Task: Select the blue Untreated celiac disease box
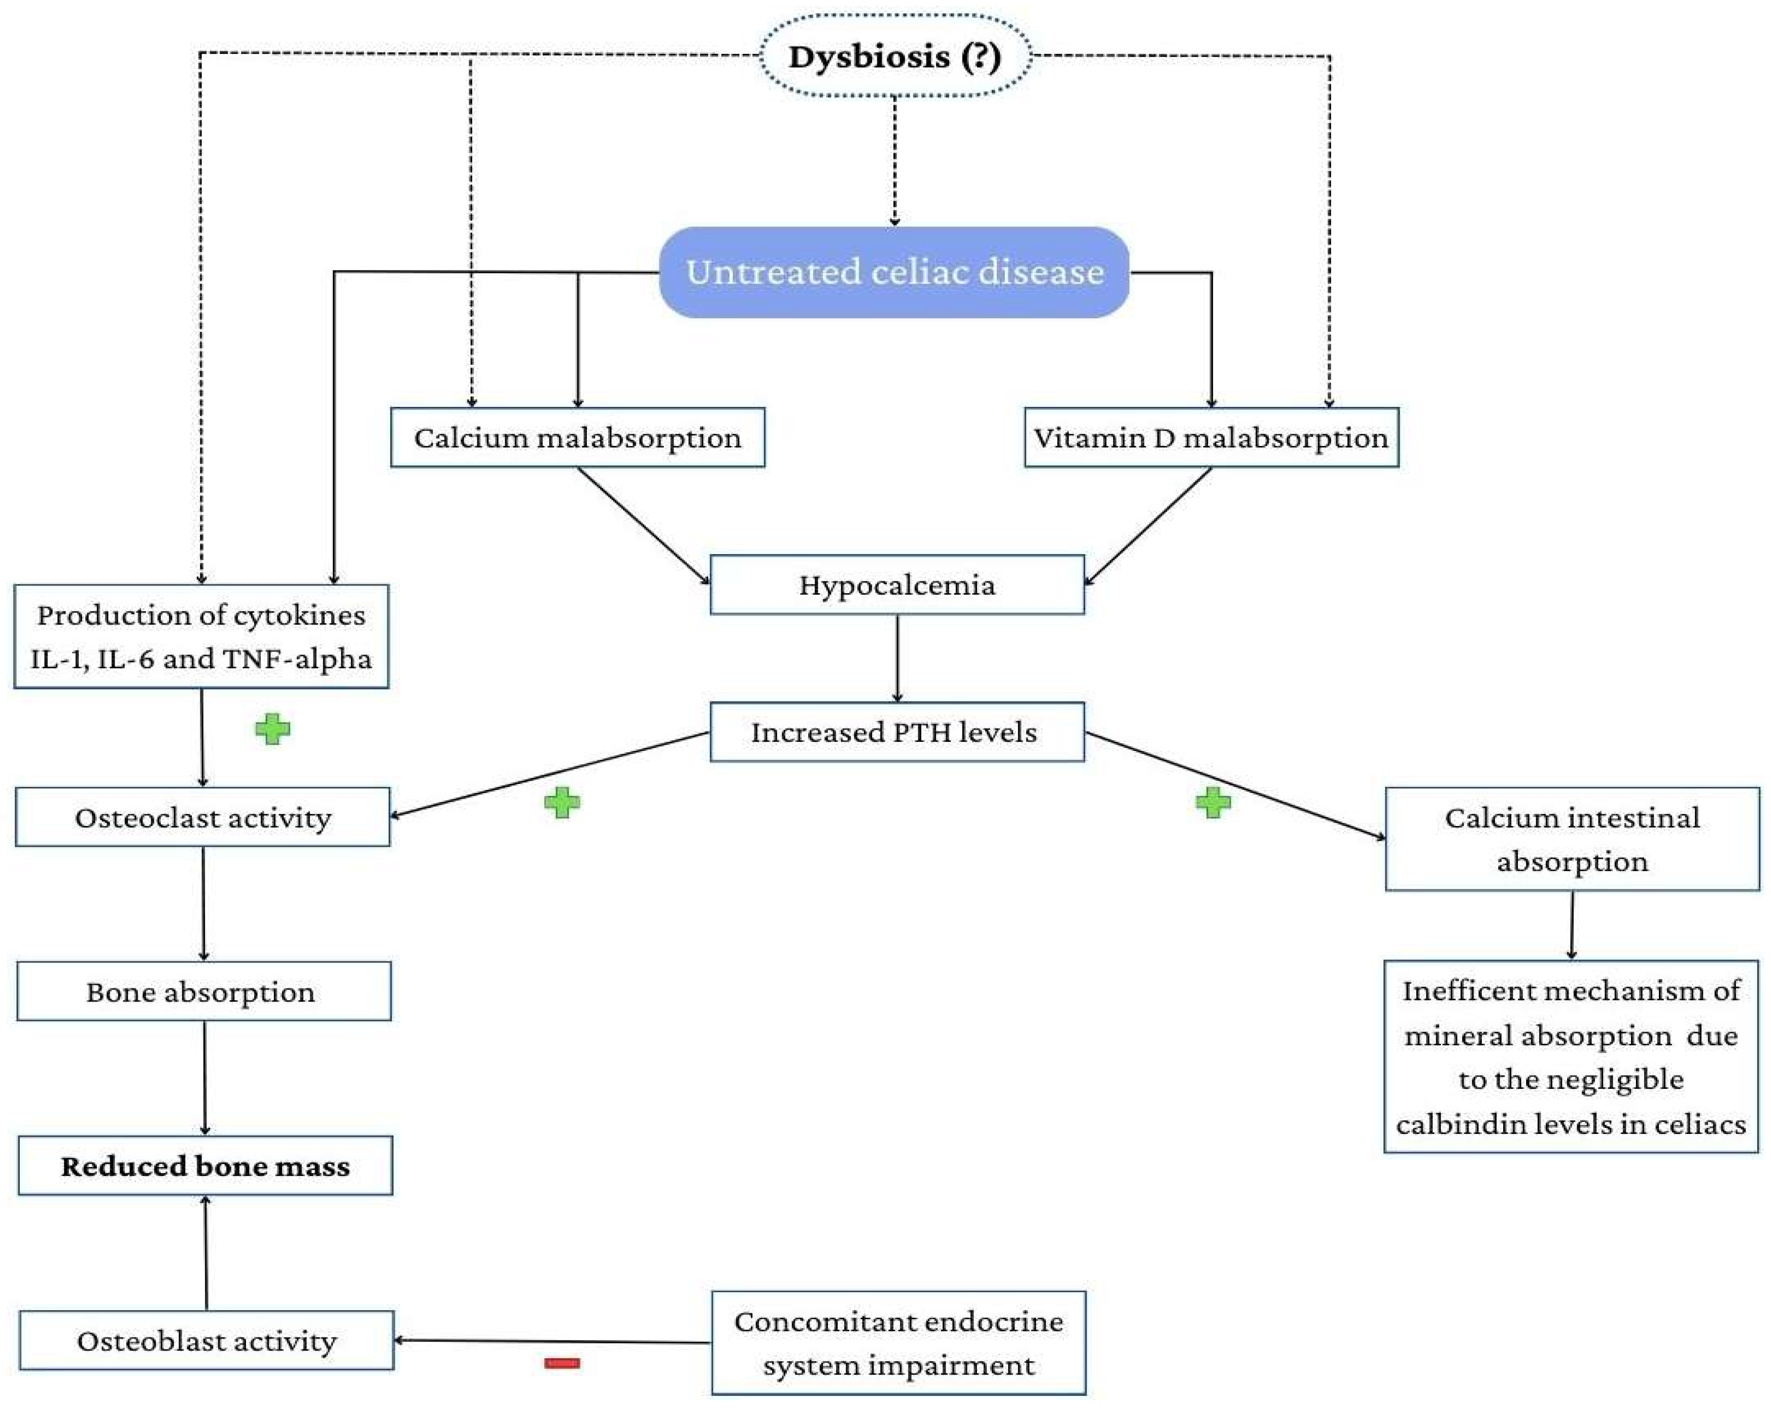click(894, 272)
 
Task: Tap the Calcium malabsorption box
click(577, 438)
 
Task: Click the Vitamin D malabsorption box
click(1211, 438)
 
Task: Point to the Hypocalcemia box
click(896, 585)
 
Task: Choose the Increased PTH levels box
click(896, 732)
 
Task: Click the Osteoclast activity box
click(203, 817)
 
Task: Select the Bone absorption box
click(203, 991)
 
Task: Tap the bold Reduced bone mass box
click(205, 1166)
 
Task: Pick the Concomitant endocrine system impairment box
click(898, 1343)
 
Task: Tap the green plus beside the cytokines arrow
click(273, 729)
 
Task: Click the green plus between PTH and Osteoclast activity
click(562, 803)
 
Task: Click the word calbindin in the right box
click(1454, 1124)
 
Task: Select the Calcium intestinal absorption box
click(1572, 839)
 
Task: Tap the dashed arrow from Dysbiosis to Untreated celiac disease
click(894, 160)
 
